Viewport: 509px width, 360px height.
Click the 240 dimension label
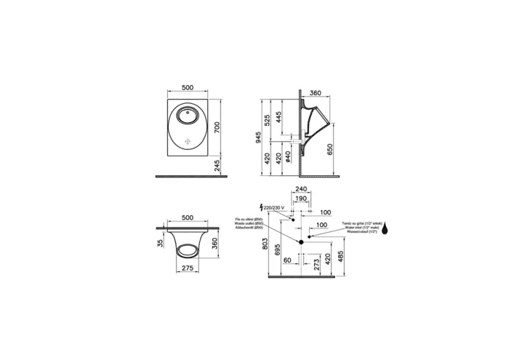point(300,189)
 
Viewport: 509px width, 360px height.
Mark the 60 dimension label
point(287,260)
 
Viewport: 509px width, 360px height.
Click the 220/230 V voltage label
point(276,207)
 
